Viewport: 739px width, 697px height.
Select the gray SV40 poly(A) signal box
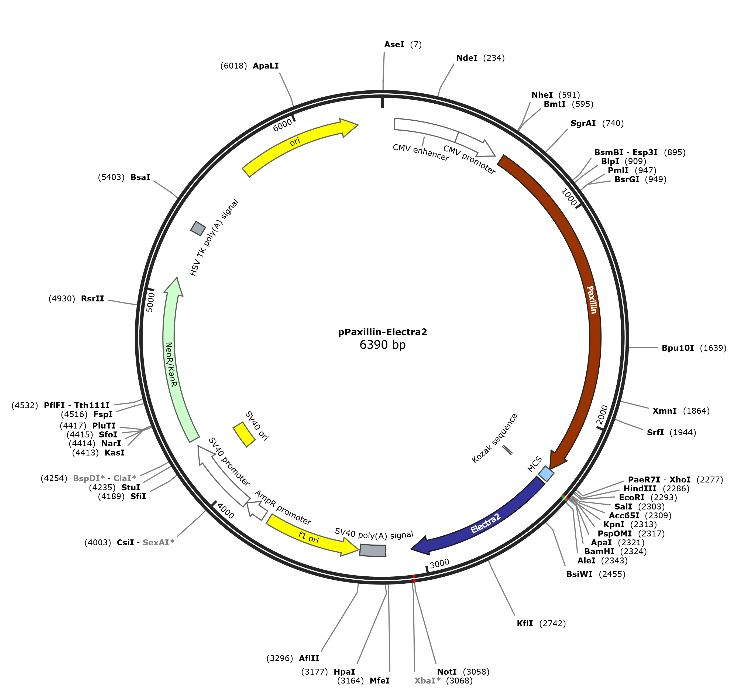pos(373,550)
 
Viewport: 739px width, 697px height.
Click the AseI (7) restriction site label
pos(403,45)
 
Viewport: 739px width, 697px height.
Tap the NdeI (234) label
pos(480,58)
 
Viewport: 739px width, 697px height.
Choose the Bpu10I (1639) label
pos(694,348)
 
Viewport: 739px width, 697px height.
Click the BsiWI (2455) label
pos(596,574)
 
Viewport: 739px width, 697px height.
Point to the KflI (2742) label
pos(541,623)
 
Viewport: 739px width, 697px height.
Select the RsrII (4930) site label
pos(76,298)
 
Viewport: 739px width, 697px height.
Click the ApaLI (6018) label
pos(249,66)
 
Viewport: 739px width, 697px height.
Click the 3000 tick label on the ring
pos(440,563)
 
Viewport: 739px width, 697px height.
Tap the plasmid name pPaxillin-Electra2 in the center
pos(383,332)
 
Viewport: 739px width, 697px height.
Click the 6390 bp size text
pos(383,345)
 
